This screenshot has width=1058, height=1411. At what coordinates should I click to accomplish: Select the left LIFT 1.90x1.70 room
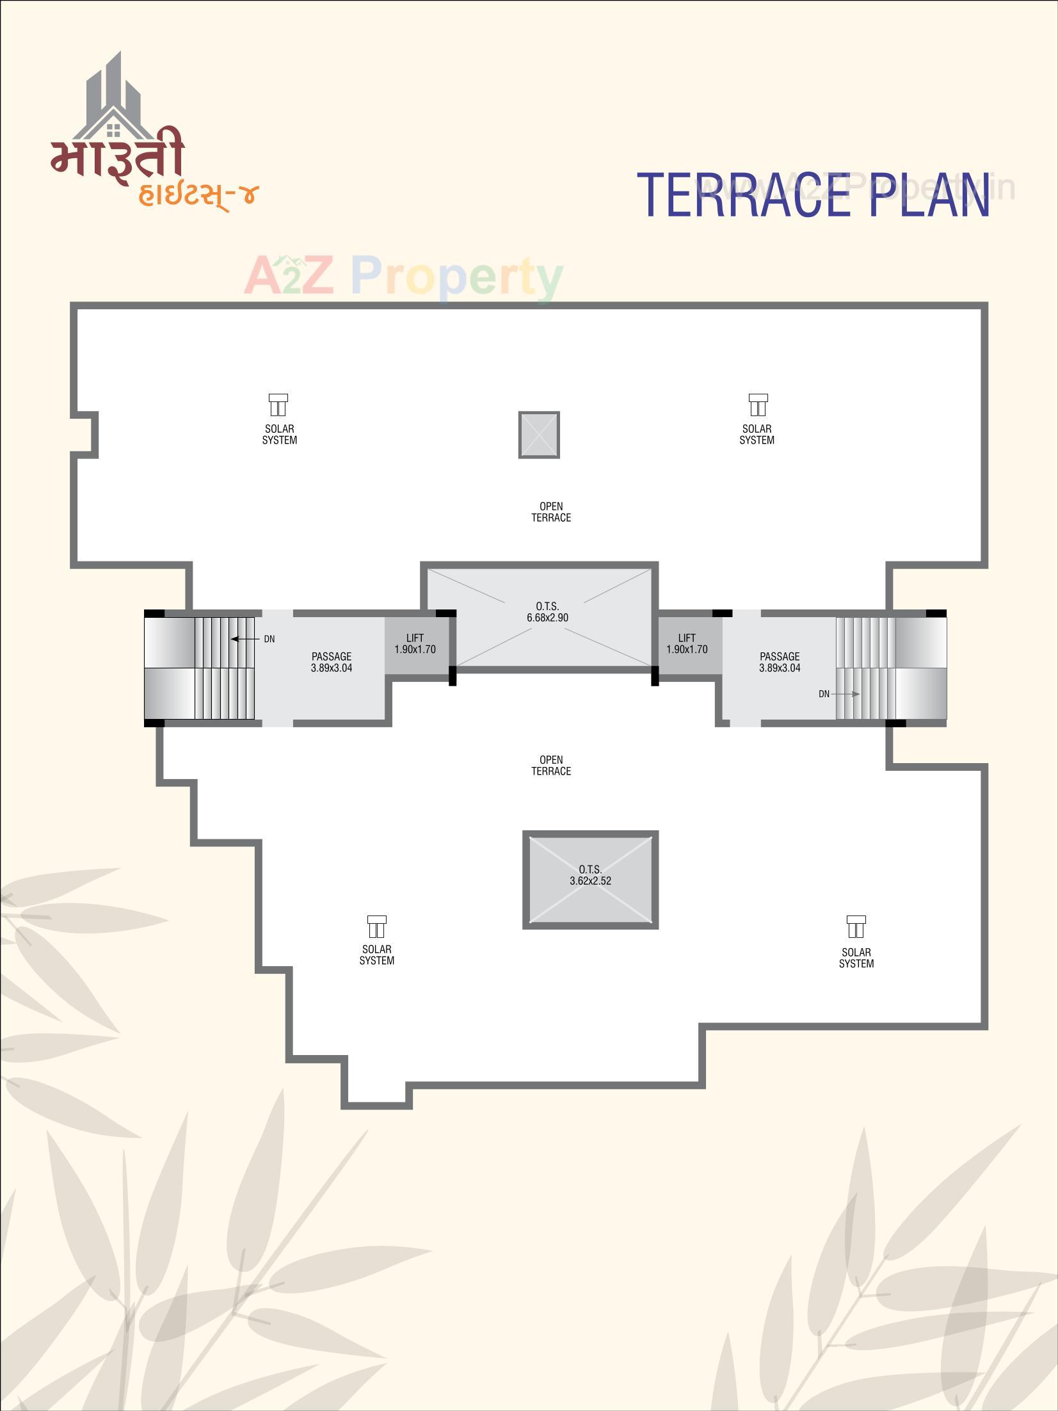tap(415, 644)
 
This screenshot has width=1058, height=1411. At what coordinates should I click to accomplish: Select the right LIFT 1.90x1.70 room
tap(687, 644)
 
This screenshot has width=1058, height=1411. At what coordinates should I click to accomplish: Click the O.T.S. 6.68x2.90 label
tap(547, 612)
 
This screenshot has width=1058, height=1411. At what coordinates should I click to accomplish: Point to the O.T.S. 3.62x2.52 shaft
tap(590, 879)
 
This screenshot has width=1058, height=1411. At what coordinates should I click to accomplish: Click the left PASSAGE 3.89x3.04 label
tap(332, 662)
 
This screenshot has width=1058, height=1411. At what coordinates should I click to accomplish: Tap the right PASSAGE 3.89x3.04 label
tap(780, 662)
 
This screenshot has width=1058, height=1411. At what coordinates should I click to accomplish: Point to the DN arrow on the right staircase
tap(846, 694)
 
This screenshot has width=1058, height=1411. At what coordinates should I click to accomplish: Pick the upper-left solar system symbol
tap(278, 405)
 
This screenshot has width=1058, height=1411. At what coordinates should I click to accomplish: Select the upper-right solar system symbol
tap(758, 405)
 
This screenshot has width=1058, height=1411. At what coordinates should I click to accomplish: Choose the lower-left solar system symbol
tap(376, 926)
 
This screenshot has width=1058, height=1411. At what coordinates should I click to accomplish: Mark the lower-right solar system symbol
tap(856, 926)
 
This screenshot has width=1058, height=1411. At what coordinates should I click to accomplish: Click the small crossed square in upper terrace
tap(539, 435)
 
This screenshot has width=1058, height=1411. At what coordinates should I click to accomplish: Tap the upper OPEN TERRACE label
tap(551, 512)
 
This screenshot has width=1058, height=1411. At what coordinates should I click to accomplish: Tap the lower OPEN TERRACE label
tap(551, 766)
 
